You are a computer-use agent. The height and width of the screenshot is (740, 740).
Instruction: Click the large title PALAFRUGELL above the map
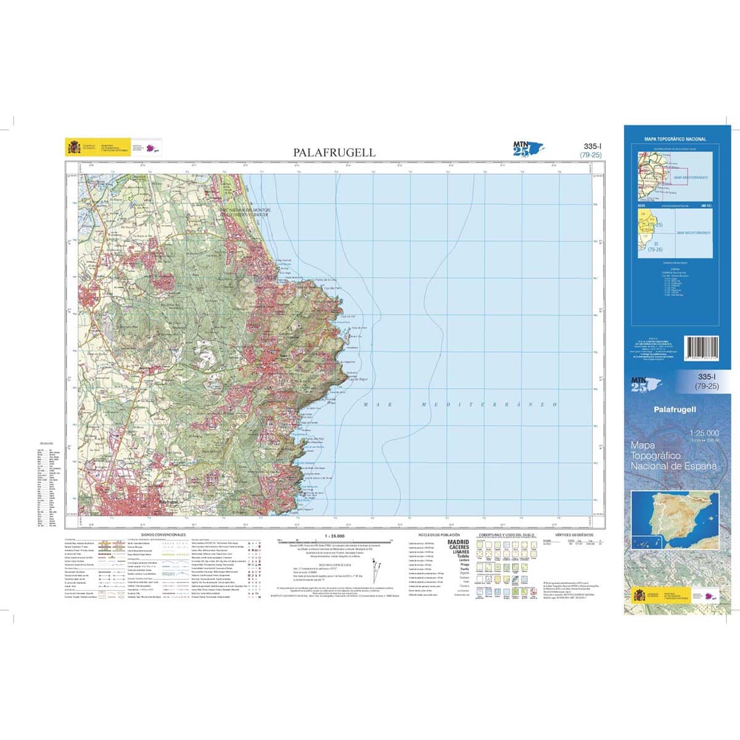tap(334, 152)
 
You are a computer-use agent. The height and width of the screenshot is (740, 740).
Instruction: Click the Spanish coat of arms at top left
tap(73, 147)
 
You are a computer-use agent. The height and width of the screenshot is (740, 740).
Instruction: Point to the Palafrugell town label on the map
tap(168, 503)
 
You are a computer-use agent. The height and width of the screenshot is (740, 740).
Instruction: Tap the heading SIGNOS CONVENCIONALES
tap(163, 535)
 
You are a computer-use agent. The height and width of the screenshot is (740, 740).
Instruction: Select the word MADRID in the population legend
tap(458, 542)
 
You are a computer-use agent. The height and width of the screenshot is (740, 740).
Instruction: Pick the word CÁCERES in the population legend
tap(458, 547)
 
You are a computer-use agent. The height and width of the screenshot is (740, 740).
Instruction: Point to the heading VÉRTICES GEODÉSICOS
tap(573, 535)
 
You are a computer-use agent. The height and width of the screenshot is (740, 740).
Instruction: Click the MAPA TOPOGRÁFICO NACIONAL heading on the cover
tap(675, 140)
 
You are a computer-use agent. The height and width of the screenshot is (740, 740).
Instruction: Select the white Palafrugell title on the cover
tap(675, 409)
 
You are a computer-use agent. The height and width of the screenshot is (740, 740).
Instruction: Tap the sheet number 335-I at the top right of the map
tap(591, 147)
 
